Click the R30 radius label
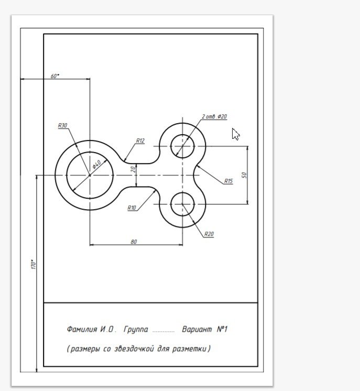62,125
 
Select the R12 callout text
140,140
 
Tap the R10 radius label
132,208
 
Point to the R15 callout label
228,181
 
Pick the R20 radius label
209,234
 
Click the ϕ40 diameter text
96,164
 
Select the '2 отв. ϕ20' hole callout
214,116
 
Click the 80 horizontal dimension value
134,242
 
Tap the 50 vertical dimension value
244,175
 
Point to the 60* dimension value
55,76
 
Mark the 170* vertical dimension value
34,264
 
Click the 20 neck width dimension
133,169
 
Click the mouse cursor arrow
235,134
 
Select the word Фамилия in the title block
82,329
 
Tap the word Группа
136,329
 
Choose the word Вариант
197,329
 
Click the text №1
222,329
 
